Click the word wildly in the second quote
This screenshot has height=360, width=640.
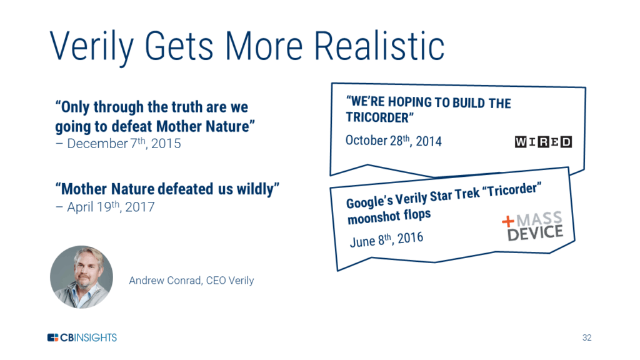point(258,189)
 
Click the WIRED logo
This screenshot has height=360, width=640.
point(543,142)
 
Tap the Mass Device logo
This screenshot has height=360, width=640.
point(532,226)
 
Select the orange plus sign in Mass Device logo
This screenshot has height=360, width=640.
point(507,222)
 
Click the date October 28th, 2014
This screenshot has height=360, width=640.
point(394,141)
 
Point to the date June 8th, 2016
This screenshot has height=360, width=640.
point(386,239)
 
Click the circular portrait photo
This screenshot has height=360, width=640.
point(82,277)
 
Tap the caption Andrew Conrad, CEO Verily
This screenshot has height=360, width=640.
point(191,281)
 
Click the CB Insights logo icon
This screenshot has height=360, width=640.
point(53,337)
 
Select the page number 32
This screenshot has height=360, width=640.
point(587,337)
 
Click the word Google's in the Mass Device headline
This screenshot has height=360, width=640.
point(369,201)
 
